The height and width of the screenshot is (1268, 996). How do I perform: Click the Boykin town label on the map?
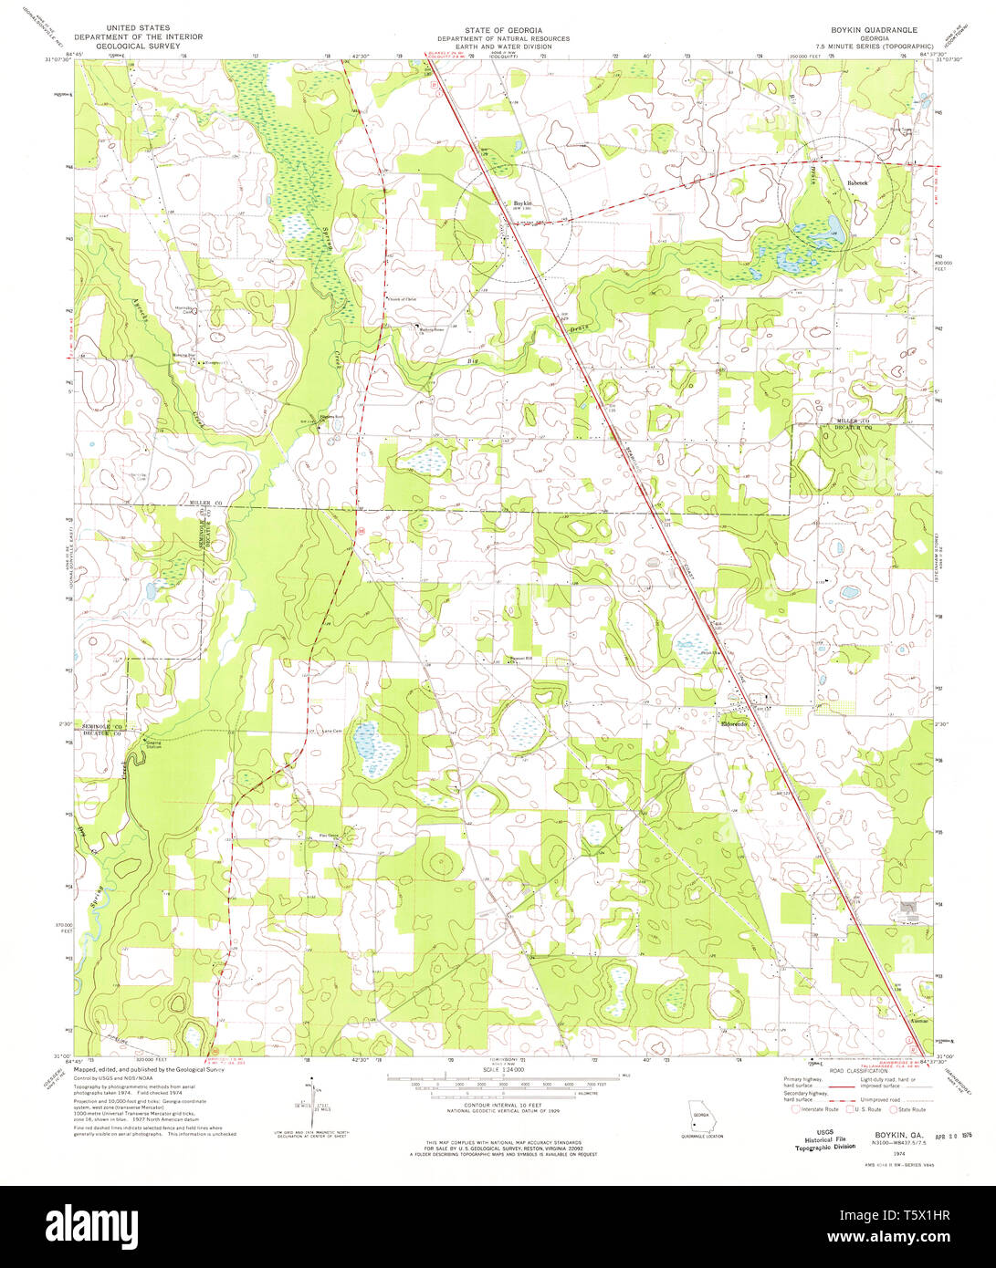click(x=521, y=203)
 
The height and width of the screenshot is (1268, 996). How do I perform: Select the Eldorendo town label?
click(x=734, y=724)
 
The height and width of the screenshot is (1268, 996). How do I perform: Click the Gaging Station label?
click(x=152, y=744)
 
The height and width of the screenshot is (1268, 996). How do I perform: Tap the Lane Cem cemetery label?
click(x=330, y=731)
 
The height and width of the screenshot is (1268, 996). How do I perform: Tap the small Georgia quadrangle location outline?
click(x=700, y=1116)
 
